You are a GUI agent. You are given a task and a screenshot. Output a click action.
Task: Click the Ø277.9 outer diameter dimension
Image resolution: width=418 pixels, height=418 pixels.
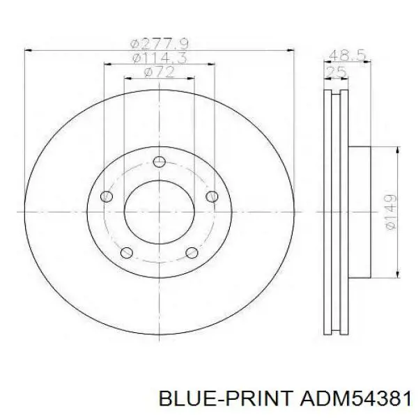click(160, 44)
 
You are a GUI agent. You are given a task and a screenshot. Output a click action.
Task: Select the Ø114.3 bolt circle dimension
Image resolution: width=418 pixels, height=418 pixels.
click(160, 58)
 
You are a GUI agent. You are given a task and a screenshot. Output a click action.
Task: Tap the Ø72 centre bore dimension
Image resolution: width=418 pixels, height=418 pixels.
click(160, 72)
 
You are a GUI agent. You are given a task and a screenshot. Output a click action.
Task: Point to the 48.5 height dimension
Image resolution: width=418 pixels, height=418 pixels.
click(347, 56)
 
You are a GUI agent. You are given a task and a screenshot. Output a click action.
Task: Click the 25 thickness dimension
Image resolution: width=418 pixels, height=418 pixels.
click(336, 72)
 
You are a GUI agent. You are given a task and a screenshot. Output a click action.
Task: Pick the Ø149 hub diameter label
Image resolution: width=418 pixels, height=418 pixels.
click(391, 211)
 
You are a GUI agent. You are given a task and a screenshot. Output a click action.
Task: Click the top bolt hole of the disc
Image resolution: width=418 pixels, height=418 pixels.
click(159, 162)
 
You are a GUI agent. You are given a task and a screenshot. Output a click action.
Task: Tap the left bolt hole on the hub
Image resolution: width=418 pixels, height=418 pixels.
click(107, 196)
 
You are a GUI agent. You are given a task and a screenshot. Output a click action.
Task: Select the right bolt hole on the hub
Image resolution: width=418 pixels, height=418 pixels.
click(212, 196)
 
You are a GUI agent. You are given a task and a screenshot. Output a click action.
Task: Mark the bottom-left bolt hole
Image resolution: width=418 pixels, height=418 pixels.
click(127, 252)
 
